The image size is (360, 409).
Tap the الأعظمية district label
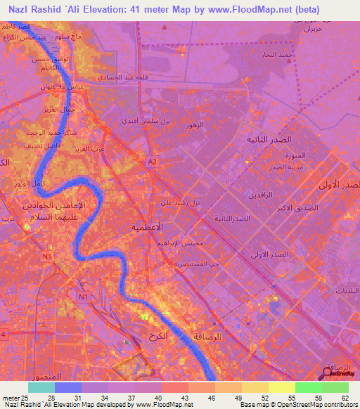tap(148, 228)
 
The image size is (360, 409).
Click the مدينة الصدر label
tap(286, 169)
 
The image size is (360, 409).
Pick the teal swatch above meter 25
tap(41, 387)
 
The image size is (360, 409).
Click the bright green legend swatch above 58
tap(309, 387)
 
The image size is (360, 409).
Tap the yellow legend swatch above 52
tap(255, 387)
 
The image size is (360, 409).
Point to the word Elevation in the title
tap(113, 10)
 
